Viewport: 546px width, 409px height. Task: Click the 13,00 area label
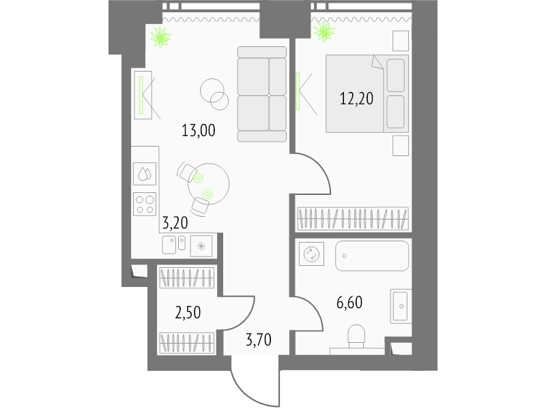(199, 131)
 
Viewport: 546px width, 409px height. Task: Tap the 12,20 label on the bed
(356, 99)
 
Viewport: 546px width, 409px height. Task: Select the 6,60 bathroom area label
(349, 303)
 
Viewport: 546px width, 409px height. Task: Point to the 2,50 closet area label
(188, 313)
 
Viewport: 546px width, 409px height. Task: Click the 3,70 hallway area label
(259, 339)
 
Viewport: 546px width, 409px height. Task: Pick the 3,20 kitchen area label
(175, 223)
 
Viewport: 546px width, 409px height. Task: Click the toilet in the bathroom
(356, 336)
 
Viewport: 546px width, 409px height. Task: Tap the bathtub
(372, 256)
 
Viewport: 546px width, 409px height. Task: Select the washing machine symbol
(311, 254)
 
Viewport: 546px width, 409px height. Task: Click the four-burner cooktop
(145, 204)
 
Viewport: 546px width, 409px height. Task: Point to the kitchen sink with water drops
(145, 174)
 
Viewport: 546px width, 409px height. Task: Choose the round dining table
(209, 184)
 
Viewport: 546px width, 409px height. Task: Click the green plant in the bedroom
(324, 31)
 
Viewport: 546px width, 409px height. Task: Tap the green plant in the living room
(160, 37)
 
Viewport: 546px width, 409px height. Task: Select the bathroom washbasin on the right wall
(401, 306)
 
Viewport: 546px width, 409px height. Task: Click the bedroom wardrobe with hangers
(352, 219)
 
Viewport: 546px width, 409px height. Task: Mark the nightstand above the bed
(401, 41)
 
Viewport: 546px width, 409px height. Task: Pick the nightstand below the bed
(401, 146)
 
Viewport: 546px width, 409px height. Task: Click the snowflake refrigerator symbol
(201, 247)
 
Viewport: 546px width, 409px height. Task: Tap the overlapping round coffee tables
(214, 94)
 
